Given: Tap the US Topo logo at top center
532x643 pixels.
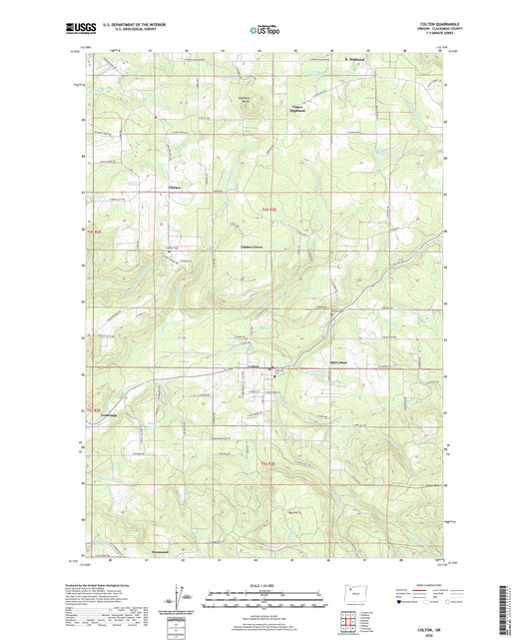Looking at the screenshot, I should tap(265, 31).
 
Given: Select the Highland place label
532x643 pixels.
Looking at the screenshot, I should tap(356, 59).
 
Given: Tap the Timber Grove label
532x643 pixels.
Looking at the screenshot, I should tap(252, 247).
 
